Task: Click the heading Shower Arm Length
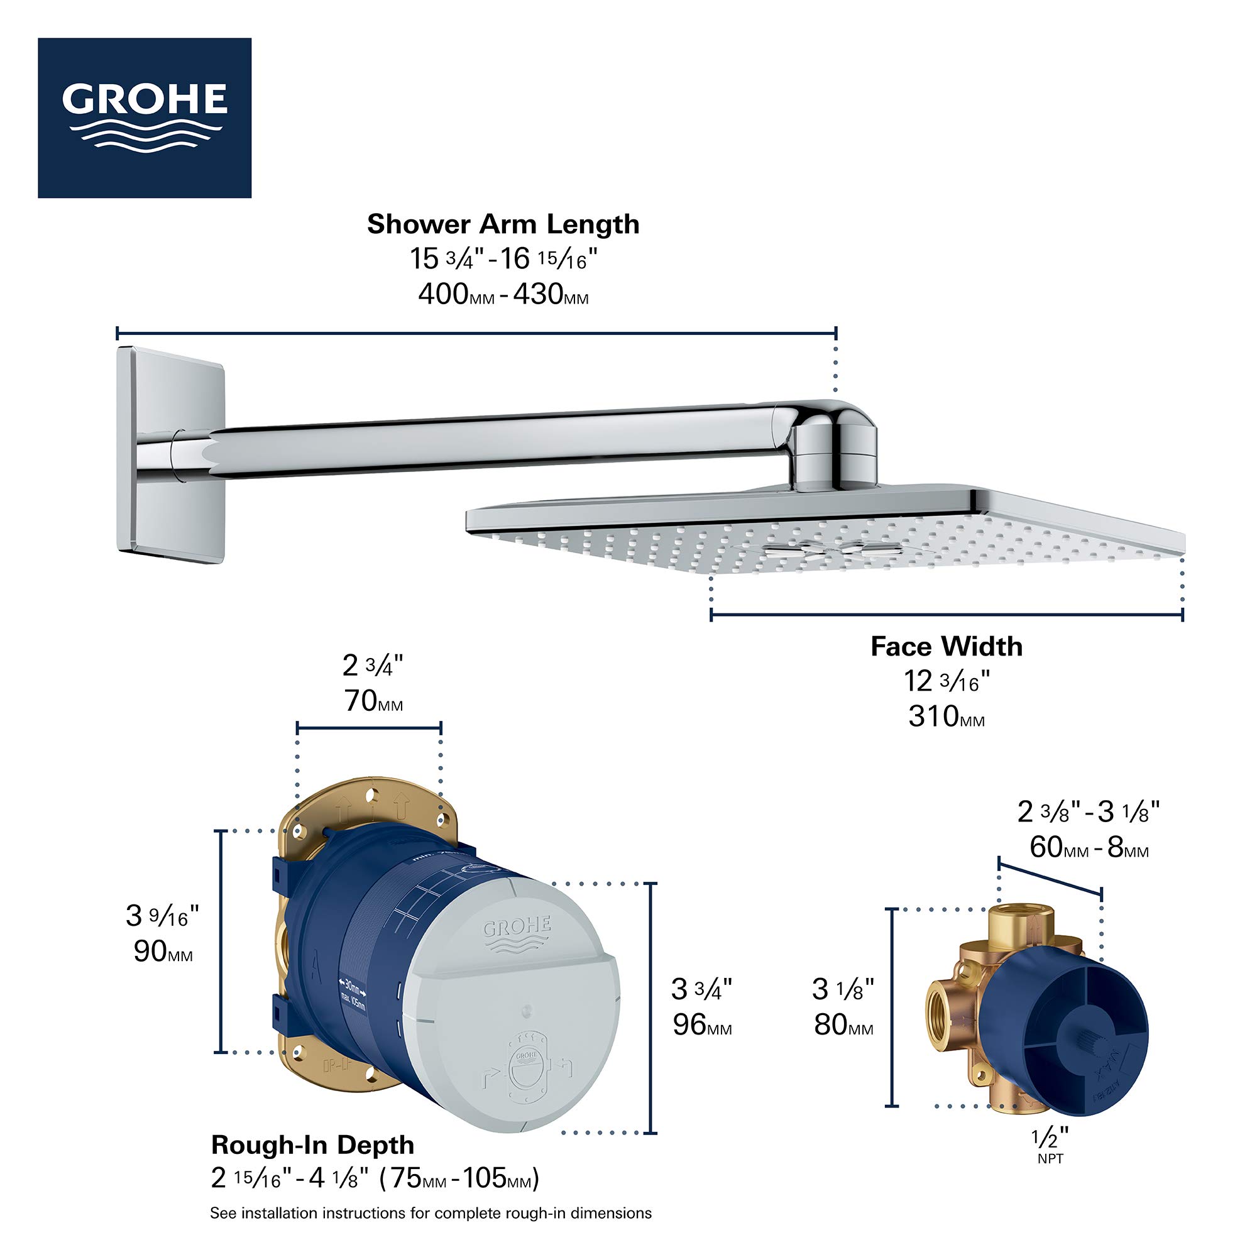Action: tap(503, 224)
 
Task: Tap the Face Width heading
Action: tap(946, 647)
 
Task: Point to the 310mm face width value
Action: tap(946, 717)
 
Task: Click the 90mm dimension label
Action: tap(163, 952)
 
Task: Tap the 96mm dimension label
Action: tap(701, 1024)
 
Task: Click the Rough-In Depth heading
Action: tap(312, 1144)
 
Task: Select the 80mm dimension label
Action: tap(843, 1024)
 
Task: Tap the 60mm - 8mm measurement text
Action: tap(1089, 848)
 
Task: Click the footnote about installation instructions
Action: tap(430, 1214)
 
